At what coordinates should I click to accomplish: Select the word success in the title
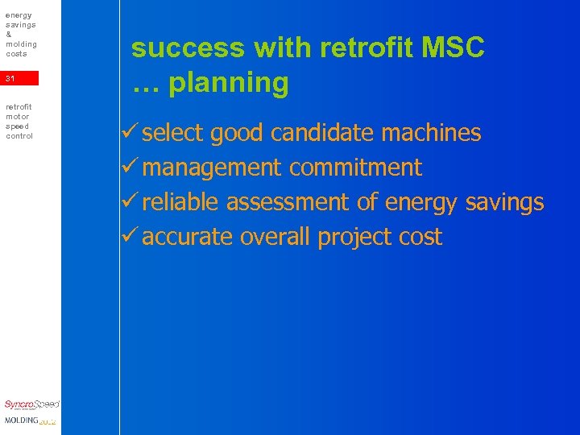(188, 48)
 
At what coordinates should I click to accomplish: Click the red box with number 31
(19, 78)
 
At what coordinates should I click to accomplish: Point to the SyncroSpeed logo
(31, 405)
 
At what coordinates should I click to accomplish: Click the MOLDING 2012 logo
(30, 420)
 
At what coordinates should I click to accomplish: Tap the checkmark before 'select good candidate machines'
(133, 132)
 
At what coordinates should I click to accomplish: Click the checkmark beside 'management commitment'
(133, 167)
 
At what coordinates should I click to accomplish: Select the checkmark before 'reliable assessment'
(133, 201)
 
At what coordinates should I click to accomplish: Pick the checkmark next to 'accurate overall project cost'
(133, 236)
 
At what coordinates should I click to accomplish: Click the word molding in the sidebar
(21, 43)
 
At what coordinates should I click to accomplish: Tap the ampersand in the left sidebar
(8, 35)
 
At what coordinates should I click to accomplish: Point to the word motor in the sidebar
(17, 116)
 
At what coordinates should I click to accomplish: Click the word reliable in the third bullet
(180, 202)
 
